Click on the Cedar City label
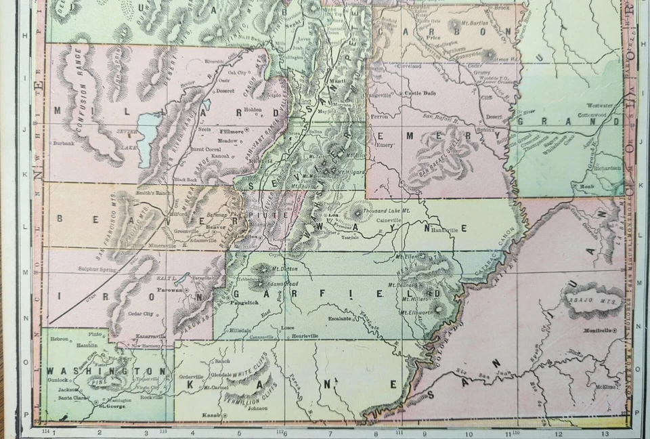(140, 314)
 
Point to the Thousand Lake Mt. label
(387, 211)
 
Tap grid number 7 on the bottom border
(329, 432)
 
